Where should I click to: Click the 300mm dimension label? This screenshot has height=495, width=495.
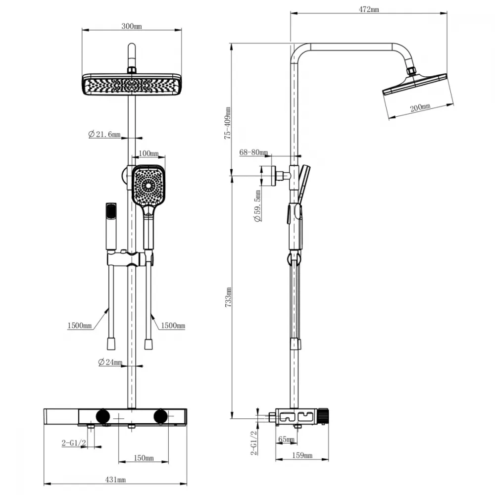coord(132,26)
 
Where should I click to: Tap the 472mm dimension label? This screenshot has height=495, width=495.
coord(369,9)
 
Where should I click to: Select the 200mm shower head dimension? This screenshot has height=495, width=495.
coord(420,108)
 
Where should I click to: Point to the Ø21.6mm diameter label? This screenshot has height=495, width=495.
coord(104,134)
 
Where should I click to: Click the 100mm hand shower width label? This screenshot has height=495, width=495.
coord(148,154)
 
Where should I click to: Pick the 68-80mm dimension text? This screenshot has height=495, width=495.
coord(253,152)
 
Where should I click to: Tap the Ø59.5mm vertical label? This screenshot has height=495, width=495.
coord(258,205)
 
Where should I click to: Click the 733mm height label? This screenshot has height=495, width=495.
coord(229,297)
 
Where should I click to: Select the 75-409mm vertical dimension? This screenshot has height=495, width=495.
coord(228,123)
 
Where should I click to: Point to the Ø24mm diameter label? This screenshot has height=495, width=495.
coord(110,362)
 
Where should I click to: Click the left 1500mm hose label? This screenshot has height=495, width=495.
coord(80,326)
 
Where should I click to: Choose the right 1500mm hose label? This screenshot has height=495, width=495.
coord(173,326)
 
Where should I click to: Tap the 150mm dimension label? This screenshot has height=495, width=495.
coord(144,458)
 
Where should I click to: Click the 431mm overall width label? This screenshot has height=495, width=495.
coord(115,480)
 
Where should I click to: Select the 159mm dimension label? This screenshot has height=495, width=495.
coord(302,455)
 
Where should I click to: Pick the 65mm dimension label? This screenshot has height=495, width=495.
coord(286,439)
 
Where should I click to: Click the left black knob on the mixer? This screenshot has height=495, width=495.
coord(103,416)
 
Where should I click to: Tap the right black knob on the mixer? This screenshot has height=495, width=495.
coord(161,416)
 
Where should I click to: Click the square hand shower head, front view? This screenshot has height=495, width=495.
coord(148,185)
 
